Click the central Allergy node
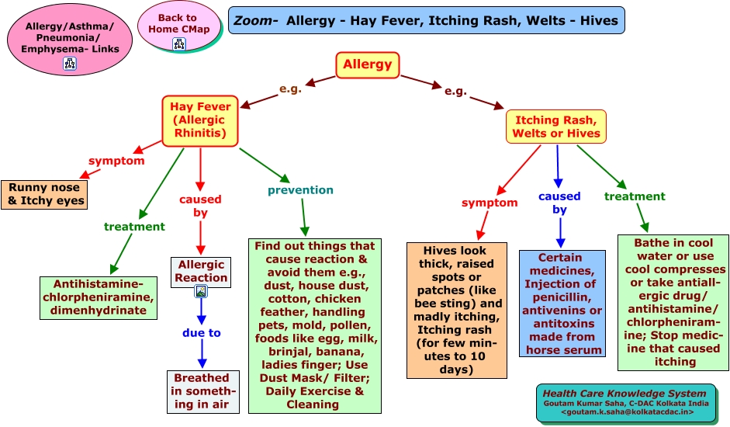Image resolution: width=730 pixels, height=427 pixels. click(x=368, y=64)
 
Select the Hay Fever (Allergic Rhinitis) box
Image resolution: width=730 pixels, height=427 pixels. click(x=200, y=120)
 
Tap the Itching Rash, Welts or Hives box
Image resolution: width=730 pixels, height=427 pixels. click(x=555, y=127)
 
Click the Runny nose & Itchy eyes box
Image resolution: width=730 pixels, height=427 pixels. click(x=46, y=194)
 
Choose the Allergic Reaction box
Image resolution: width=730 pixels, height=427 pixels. click(x=202, y=271)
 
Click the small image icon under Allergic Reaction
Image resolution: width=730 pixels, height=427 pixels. click(x=201, y=292)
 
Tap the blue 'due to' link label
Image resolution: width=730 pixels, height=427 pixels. click(x=202, y=333)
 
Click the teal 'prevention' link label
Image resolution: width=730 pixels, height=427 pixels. click(x=300, y=190)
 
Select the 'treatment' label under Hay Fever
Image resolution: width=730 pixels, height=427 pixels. click(x=134, y=227)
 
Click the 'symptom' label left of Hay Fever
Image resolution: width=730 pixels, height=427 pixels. click(x=116, y=161)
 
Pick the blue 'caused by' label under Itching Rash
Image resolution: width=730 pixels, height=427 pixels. click(x=559, y=203)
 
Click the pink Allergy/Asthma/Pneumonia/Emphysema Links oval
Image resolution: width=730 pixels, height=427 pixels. click(x=69, y=39)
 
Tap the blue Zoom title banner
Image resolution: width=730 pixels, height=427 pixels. click(x=426, y=20)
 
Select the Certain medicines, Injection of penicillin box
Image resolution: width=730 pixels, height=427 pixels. click(x=562, y=303)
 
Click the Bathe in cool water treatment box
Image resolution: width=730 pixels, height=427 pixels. click(x=673, y=302)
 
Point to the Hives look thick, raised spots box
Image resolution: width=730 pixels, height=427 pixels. click(x=457, y=310)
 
